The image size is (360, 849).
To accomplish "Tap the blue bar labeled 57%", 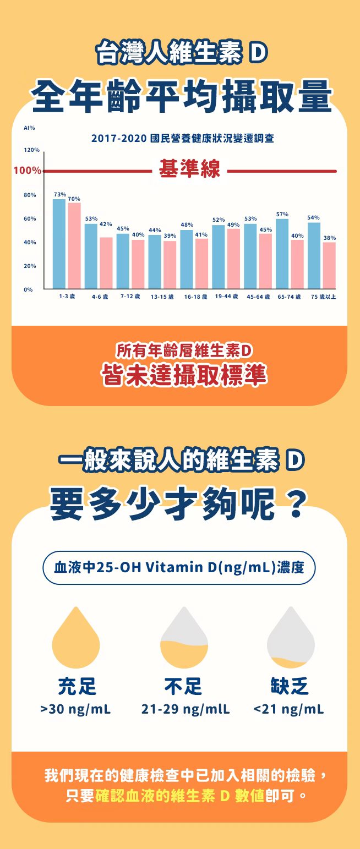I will tap(282, 253).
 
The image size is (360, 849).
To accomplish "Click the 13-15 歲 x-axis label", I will tap(162, 297).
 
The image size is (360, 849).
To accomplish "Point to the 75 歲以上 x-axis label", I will tap(323, 297).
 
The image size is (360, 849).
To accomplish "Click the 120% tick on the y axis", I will tap(32, 150).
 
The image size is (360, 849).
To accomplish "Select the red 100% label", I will tap(27, 171).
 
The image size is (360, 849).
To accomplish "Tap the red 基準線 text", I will tap(189, 169).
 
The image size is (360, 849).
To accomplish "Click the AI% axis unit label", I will tap(29, 128).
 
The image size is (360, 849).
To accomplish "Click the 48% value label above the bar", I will tap(187, 224).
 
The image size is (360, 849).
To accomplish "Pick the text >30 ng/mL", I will tap(75, 709).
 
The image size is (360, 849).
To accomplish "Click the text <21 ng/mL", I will tap(288, 709).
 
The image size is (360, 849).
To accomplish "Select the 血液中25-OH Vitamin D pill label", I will tap(179, 567).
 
